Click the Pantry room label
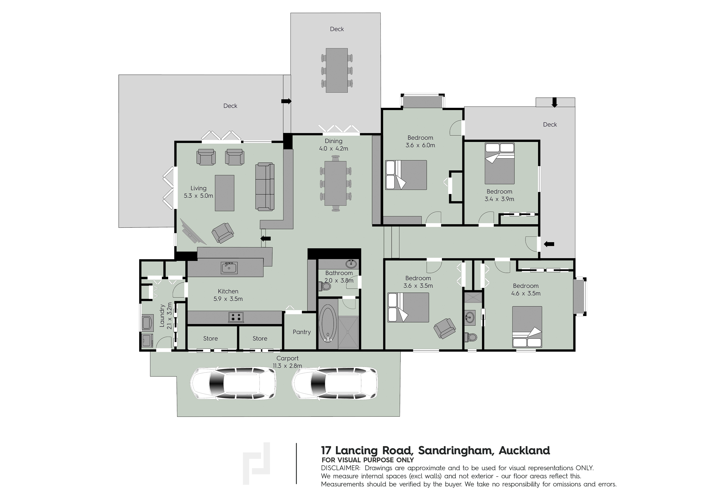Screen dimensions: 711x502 pyautogui.click(x=302, y=332)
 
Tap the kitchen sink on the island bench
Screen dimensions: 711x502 pyautogui.click(x=229, y=268)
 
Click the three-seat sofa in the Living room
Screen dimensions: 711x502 pyautogui.click(x=265, y=187)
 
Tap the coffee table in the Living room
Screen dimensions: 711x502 pyautogui.click(x=225, y=193)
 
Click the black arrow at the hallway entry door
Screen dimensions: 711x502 pyautogui.click(x=549, y=244)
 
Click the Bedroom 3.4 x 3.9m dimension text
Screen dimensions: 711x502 pyautogui.click(x=499, y=199)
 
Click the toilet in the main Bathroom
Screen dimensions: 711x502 pyautogui.click(x=324, y=286)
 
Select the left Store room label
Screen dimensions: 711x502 pyautogui.click(x=211, y=339)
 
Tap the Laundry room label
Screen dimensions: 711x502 pyautogui.click(x=162, y=316)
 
